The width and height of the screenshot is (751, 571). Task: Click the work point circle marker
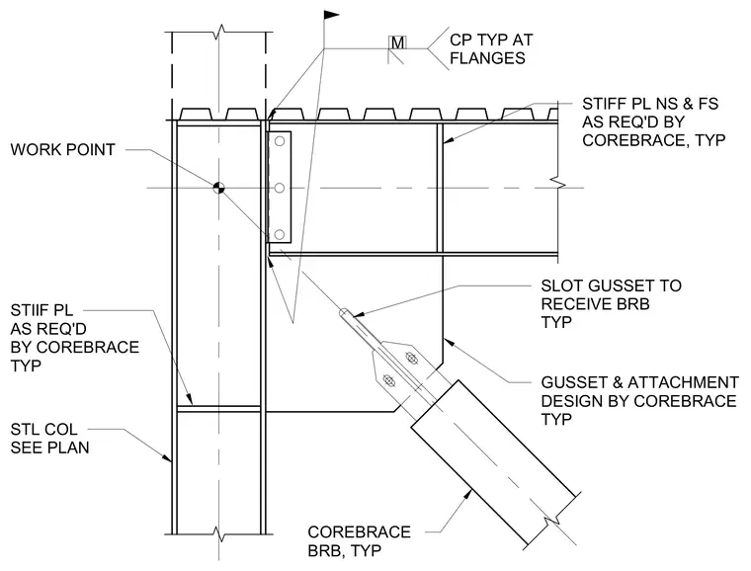click(218, 188)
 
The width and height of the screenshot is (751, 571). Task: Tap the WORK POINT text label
click(62, 150)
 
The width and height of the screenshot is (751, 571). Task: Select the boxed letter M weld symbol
click(397, 42)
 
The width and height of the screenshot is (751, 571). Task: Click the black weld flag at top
click(331, 15)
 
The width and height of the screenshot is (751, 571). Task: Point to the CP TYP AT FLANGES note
click(491, 48)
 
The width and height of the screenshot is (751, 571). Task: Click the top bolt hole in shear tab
click(280, 141)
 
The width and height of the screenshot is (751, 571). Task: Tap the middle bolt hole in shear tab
click(280, 188)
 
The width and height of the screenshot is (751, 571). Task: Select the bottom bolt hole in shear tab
click(280, 234)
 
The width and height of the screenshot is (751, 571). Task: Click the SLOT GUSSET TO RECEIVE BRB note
click(611, 304)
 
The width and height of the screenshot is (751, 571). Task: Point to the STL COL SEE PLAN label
click(49, 439)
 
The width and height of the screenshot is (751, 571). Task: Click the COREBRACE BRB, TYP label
click(360, 540)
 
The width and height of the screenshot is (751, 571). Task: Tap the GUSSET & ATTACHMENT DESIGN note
click(640, 401)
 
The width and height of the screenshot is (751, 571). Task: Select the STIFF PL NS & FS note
click(654, 122)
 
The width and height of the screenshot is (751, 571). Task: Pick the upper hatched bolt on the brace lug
click(411, 357)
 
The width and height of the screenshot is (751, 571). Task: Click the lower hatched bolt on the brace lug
click(389, 381)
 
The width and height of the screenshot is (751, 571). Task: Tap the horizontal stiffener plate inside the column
click(219, 409)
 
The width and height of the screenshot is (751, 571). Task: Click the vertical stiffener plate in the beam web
click(440, 188)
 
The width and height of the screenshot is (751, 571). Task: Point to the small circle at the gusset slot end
click(344, 312)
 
